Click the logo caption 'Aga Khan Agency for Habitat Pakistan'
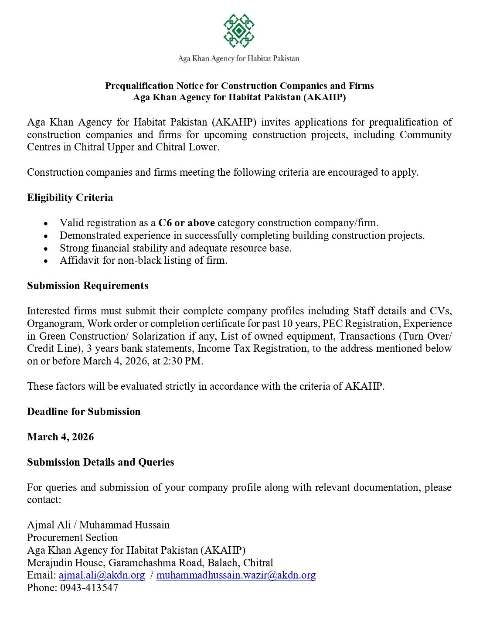coord(238,58)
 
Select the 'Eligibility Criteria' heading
coord(70,197)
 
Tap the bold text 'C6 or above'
coord(186,223)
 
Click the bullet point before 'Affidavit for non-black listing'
coord(46,261)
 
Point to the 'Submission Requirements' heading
coord(88,286)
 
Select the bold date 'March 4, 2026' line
coord(60,437)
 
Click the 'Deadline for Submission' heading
coord(84,412)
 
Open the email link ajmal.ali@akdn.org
coord(102,575)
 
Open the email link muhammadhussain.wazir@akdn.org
coord(235,575)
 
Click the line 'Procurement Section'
coord(72,538)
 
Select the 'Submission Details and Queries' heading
coord(100,462)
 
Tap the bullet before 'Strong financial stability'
coord(46,249)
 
